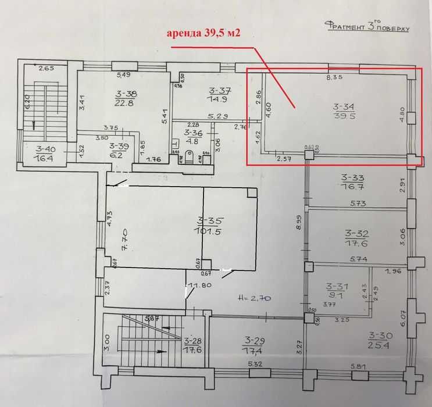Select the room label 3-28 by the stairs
click(192, 341)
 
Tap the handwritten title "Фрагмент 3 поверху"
click(367, 27)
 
